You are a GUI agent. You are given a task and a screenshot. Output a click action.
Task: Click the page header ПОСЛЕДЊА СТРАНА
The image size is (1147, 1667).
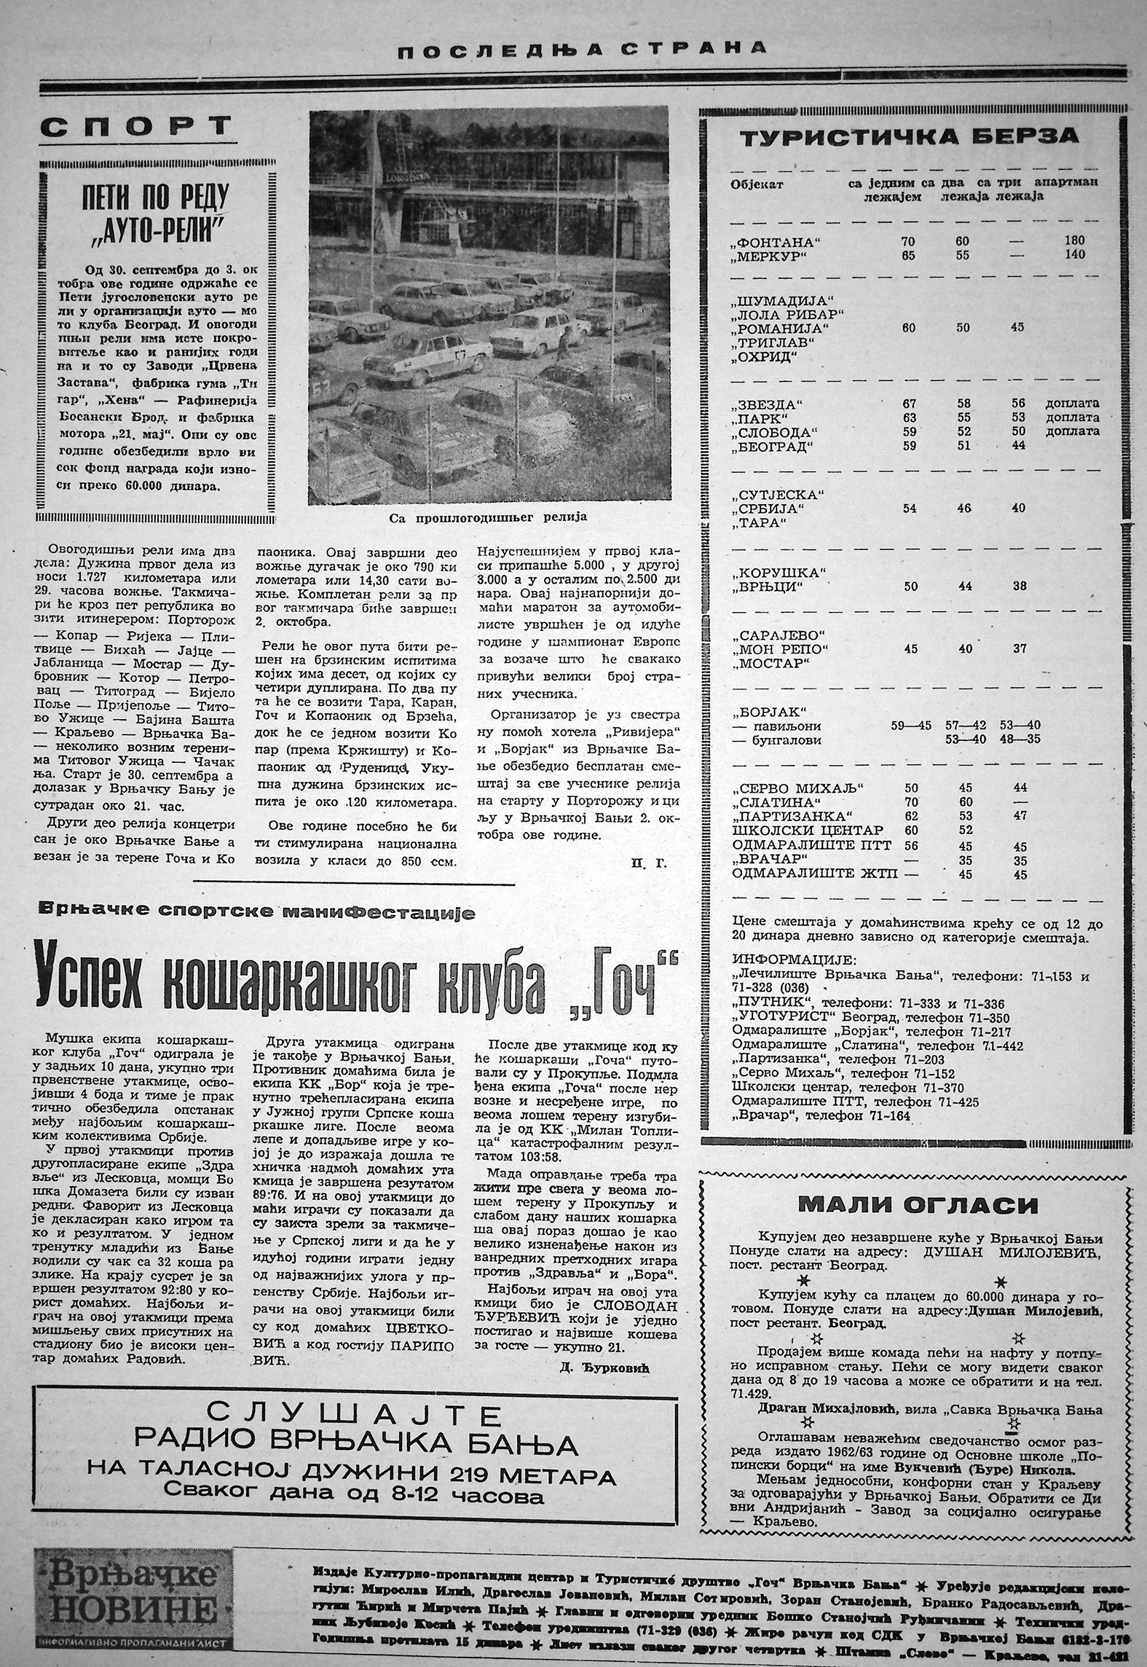[x=572, y=48]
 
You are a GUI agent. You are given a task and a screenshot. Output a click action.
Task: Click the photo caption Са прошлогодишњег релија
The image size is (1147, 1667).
[x=486, y=517]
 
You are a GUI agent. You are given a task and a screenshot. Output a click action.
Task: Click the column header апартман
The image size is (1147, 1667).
[x=1067, y=182]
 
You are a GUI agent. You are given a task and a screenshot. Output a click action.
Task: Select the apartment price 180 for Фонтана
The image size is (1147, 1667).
[x=1073, y=240]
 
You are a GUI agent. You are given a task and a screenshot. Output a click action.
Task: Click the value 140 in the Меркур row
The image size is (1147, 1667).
[x=1073, y=255]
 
